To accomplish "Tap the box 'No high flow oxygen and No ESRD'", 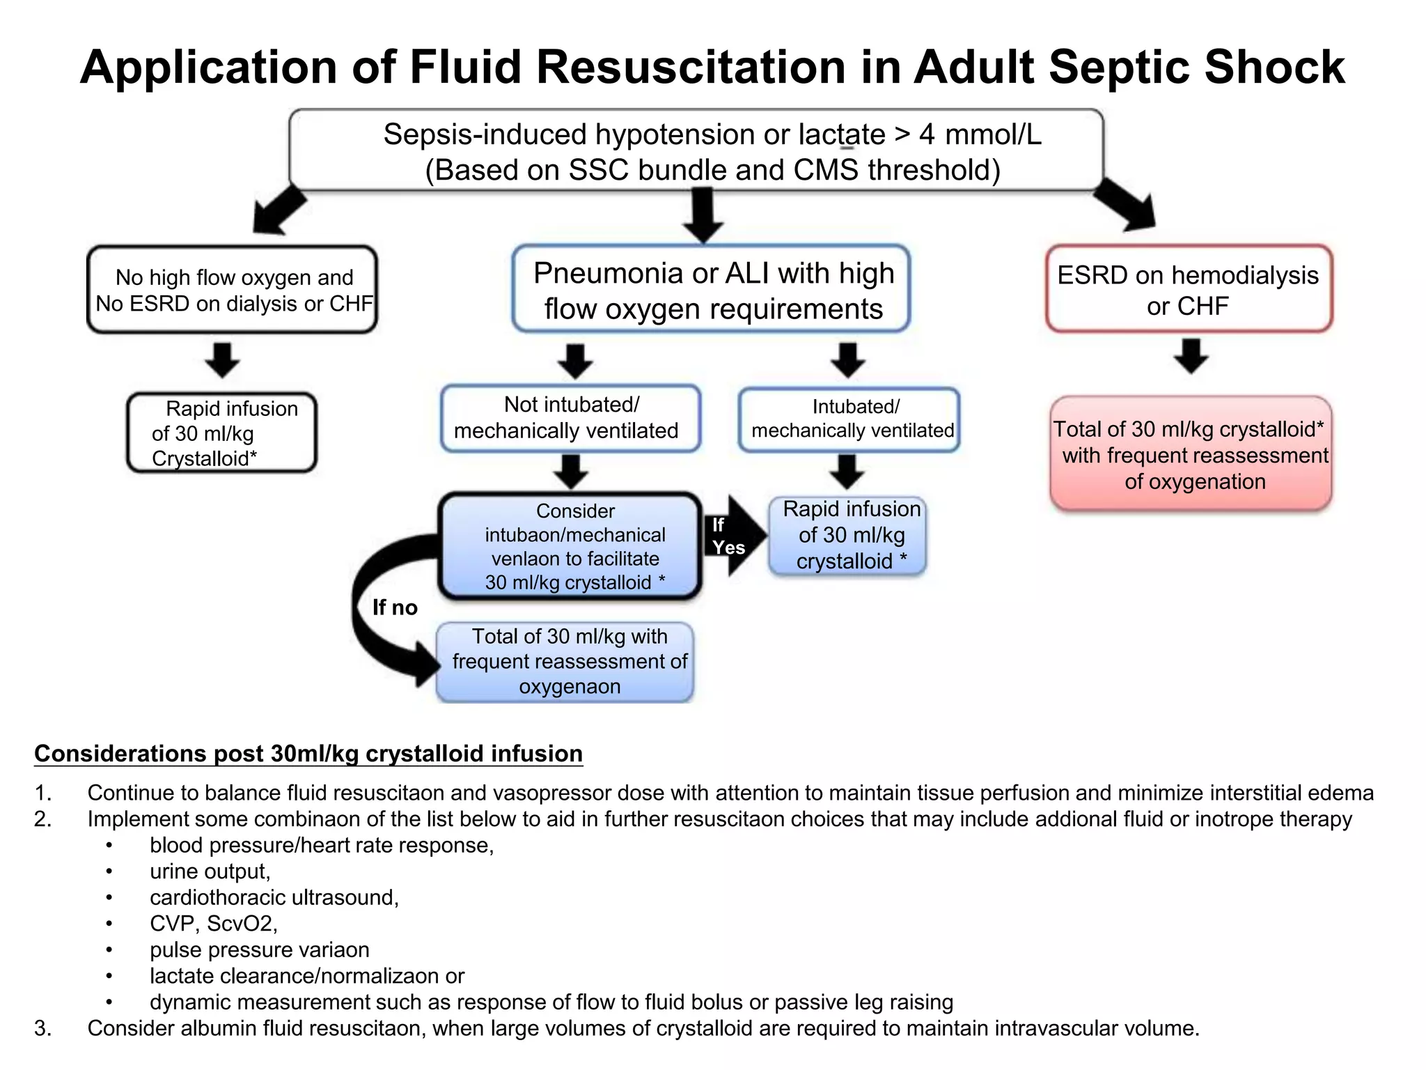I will [233, 290].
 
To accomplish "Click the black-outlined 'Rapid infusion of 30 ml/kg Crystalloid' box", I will [221, 433].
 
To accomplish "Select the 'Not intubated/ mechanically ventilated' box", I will [570, 418].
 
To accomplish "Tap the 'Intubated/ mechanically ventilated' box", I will [849, 419].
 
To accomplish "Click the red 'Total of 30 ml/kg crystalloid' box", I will [1191, 454].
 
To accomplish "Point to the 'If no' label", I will [395, 607].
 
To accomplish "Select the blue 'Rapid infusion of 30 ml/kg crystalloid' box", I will [848, 536].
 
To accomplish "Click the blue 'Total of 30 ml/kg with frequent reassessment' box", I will [565, 662].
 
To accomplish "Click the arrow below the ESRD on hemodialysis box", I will [1191, 356].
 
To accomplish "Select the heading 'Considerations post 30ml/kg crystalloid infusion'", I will [308, 754].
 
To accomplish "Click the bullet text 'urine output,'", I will [210, 871].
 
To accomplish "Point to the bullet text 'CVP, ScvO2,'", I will [214, 924].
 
